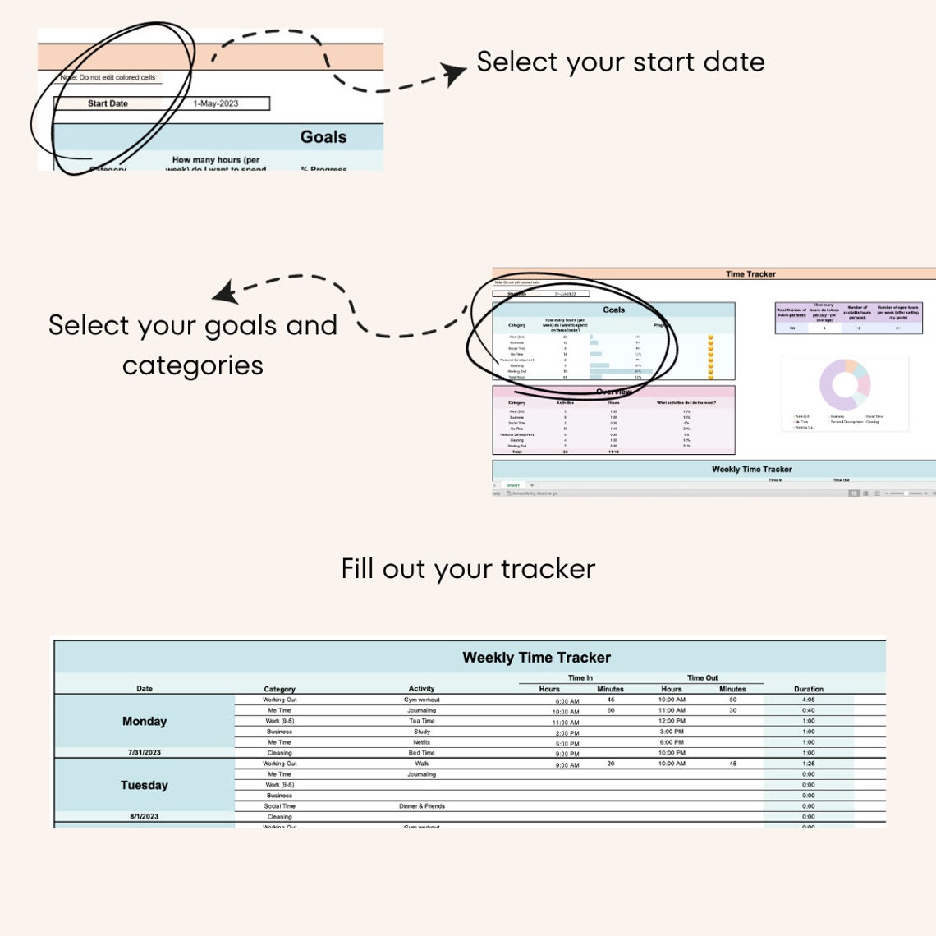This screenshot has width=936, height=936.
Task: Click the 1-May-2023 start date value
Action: pos(216,103)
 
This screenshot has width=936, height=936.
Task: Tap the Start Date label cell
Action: pos(108,103)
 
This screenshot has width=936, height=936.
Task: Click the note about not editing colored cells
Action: pos(108,77)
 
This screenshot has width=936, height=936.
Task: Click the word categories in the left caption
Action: pos(193,365)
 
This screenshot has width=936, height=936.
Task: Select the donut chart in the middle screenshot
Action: pos(844,384)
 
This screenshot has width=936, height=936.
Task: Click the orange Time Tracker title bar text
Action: pos(750,274)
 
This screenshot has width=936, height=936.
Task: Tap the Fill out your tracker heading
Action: pos(468,568)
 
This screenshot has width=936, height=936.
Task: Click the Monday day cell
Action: pos(145,721)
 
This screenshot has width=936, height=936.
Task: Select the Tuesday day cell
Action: pos(145,785)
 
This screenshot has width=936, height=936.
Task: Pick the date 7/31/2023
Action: pos(145,752)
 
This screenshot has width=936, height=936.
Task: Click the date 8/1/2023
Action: pos(145,816)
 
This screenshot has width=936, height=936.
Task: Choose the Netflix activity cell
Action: pos(422,742)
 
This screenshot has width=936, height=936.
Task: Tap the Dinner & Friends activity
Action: pos(422,806)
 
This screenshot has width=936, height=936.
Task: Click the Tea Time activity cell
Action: pos(422,721)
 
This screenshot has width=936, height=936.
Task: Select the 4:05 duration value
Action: pos(809,700)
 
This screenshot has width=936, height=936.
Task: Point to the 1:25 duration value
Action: pos(809,764)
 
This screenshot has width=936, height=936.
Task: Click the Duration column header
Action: pos(809,689)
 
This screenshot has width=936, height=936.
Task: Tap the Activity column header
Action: pos(422,689)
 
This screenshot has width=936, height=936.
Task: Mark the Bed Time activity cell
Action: pos(422,753)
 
